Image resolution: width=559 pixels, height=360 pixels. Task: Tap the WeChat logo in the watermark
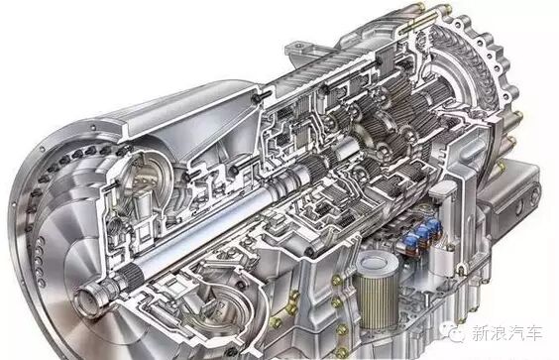pos(457,334)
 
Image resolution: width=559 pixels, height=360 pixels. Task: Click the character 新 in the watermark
pos(479,333)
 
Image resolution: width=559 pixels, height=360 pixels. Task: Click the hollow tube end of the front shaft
pos(85,297)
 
